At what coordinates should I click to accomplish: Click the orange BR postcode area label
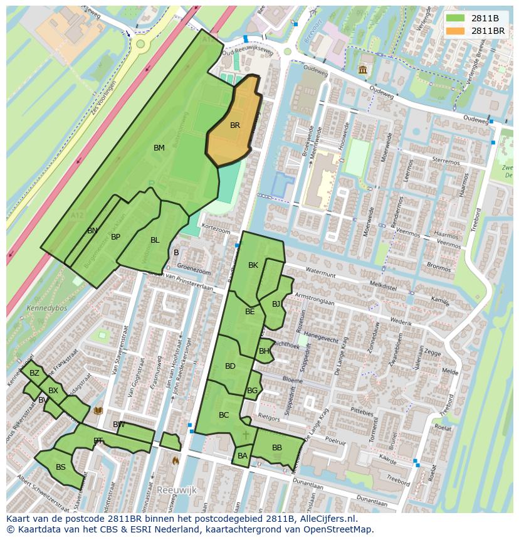pyautogui.click(x=235, y=125)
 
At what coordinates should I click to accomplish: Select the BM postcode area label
pyautogui.click(x=159, y=148)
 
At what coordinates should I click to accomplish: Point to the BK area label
pyautogui.click(x=253, y=265)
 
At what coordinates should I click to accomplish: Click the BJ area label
pyautogui.click(x=276, y=304)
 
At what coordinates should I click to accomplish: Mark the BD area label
pyautogui.click(x=230, y=366)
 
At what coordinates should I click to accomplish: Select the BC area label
pyautogui.click(x=224, y=415)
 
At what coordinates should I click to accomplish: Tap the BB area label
pyautogui.click(x=276, y=448)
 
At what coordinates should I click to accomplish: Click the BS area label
pyautogui.click(x=61, y=467)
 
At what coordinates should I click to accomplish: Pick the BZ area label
pyautogui.click(x=34, y=373)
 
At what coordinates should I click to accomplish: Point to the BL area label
pyautogui.click(x=155, y=240)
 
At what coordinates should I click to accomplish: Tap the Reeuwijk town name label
pyautogui.click(x=177, y=489)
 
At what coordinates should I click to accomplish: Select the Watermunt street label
pyautogui.click(x=319, y=273)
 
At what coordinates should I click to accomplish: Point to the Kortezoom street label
pyautogui.click(x=216, y=231)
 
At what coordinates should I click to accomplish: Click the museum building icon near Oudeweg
pyautogui.click(x=363, y=70)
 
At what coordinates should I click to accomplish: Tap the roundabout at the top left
pyautogui.click(x=139, y=44)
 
